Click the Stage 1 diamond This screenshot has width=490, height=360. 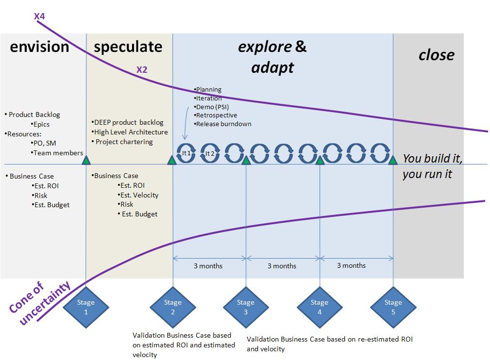click(86, 307)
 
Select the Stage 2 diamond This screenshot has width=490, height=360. click(173, 307)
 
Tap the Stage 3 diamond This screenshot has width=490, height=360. click(246, 307)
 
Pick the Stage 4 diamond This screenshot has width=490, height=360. click(320, 307)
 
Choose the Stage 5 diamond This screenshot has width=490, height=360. click(393, 307)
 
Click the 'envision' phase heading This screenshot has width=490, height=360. click(39, 47)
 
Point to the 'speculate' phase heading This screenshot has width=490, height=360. click(128, 47)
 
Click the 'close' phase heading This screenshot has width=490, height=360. click(436, 55)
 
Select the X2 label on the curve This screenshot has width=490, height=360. click(142, 70)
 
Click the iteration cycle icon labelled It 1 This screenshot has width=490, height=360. click(186, 153)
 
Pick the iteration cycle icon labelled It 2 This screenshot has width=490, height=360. click(210, 153)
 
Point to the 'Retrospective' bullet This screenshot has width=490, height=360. click(216, 115)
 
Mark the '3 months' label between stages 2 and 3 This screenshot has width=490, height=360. click(208, 266)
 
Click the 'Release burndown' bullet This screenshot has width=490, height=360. click(223, 124)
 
